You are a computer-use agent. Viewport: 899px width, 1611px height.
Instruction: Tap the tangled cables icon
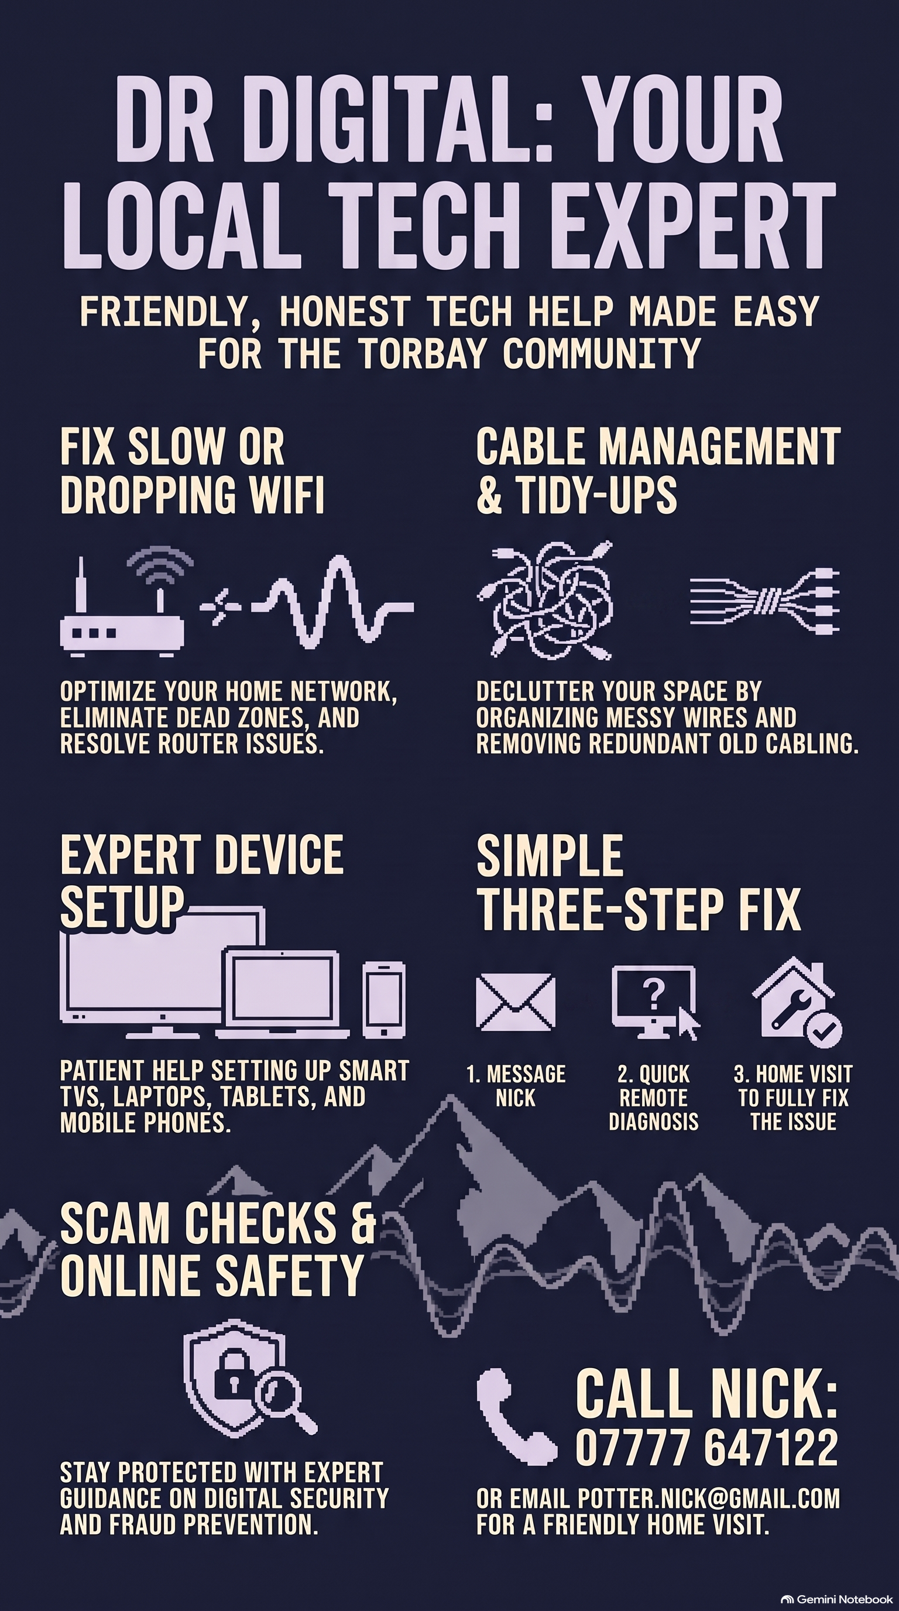[544, 601]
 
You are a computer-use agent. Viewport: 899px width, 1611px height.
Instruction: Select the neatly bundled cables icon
[764, 601]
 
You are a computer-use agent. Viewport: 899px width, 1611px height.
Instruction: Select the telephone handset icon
[514, 1417]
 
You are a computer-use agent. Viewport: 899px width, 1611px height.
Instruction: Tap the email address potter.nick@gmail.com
[708, 1499]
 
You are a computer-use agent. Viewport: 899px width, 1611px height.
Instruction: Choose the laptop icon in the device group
[283, 995]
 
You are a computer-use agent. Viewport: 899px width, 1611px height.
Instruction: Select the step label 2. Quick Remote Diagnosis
[653, 1098]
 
